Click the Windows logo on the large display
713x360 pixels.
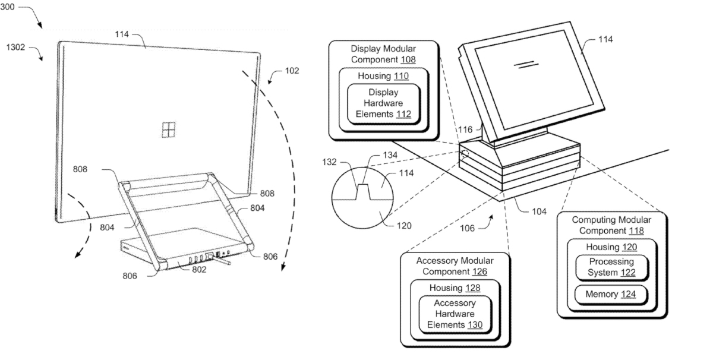pyautogui.click(x=169, y=130)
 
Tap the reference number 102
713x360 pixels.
pyautogui.click(x=291, y=71)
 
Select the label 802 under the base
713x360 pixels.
pyautogui.click(x=198, y=270)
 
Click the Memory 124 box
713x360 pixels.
pyautogui.click(x=610, y=294)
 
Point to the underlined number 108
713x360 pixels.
pyautogui.click(x=408, y=59)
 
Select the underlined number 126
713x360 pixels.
pyautogui.click(x=479, y=271)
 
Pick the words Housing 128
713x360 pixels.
pyautogui.click(x=453, y=288)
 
